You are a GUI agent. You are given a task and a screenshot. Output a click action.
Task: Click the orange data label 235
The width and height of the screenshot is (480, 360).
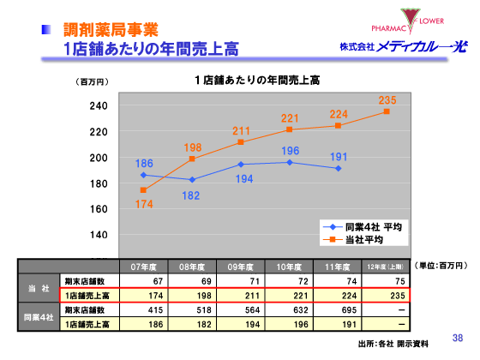coord(387,101)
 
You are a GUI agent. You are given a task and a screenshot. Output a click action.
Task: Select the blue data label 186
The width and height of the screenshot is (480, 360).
coord(145,164)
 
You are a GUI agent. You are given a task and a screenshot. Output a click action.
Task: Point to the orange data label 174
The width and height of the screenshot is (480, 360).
coord(144,204)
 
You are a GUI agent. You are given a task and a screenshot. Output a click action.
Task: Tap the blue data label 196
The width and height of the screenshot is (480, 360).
coord(291,151)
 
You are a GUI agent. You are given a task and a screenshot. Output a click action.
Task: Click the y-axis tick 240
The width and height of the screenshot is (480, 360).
coord(99,106)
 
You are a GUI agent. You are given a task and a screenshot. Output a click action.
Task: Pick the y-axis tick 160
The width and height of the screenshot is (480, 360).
coord(99,209)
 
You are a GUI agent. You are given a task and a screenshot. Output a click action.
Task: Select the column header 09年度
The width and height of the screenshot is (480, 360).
coord(241,266)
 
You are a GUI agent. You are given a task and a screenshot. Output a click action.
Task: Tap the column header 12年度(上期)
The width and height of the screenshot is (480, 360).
coord(387,266)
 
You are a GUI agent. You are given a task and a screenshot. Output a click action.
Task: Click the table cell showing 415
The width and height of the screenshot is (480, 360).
coord(153,309)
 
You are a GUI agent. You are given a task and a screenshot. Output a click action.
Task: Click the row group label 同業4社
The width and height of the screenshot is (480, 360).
coord(38,317)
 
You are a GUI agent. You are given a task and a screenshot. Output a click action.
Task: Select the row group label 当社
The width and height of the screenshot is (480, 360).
coord(38,287)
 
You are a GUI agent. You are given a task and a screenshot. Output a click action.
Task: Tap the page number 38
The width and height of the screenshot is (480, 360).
coord(457,337)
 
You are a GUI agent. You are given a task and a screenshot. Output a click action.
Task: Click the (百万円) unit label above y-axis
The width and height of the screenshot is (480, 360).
coord(93,82)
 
